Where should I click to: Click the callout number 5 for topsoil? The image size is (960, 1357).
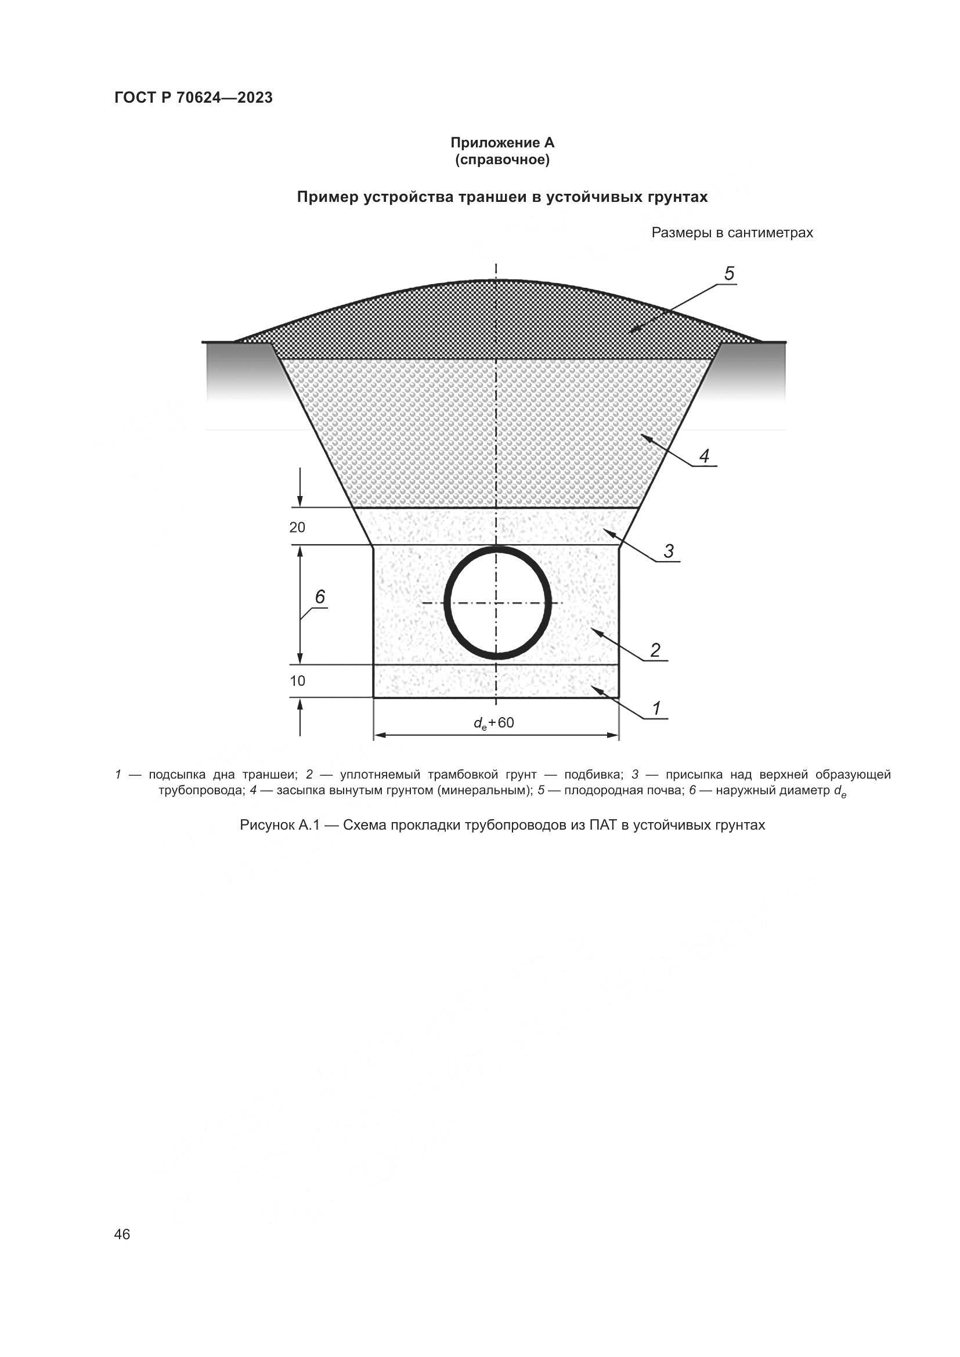pyautogui.click(x=729, y=274)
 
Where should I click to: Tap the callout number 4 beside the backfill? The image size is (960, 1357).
pyautogui.click(x=703, y=455)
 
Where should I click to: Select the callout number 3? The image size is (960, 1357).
pyautogui.click(x=668, y=551)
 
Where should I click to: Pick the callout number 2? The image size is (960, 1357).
pyautogui.click(x=655, y=650)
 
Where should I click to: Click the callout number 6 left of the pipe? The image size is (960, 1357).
pyautogui.click(x=320, y=597)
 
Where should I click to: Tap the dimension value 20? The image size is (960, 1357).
pyautogui.click(x=297, y=527)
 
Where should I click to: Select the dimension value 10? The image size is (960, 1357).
pyautogui.click(x=297, y=681)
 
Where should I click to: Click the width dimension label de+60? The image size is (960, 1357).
pyautogui.click(x=493, y=723)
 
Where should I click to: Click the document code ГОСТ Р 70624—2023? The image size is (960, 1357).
pyautogui.click(x=193, y=97)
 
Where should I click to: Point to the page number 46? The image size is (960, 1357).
pyautogui.click(x=122, y=1234)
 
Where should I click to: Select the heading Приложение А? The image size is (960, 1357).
pyautogui.click(x=502, y=143)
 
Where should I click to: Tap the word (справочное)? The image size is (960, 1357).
pyautogui.click(x=502, y=160)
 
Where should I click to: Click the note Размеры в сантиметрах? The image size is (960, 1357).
pyautogui.click(x=732, y=233)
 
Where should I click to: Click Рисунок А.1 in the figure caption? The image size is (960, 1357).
pyautogui.click(x=279, y=825)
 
